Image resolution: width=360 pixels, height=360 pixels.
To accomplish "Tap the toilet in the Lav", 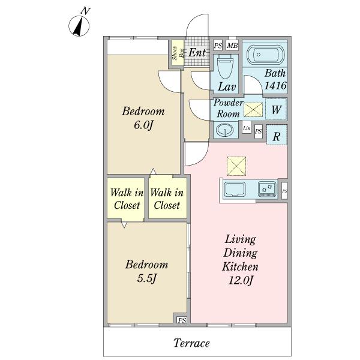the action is point(225,66).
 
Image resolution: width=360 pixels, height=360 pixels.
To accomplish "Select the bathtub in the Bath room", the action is point(265,55).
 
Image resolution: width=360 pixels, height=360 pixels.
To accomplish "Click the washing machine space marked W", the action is point(276,110).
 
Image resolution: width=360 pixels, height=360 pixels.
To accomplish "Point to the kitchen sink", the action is point(235,189).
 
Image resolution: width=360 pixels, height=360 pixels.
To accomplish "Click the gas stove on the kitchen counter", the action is point(267,189).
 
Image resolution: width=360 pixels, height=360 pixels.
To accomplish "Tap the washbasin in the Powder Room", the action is point(224,130).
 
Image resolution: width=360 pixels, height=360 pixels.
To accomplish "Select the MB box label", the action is point(232,46).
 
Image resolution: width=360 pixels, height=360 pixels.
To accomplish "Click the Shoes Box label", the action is point(178,53).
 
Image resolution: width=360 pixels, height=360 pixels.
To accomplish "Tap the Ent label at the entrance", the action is point(197,53).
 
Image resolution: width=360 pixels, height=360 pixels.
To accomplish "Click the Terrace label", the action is point(192,343).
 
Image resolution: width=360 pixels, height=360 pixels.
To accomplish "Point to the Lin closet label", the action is point(247,128).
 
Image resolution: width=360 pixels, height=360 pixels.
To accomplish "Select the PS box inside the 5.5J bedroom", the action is point(182,320).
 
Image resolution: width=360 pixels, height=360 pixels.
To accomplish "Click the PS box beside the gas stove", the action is point(284,191).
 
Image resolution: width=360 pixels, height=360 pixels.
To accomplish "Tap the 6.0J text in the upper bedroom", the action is point(143,125).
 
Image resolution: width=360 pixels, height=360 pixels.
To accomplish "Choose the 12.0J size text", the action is point(241,280).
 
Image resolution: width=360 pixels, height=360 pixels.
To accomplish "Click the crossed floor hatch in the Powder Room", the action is point(253,110).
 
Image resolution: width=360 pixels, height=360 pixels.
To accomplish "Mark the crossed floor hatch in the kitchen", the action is point(236,166).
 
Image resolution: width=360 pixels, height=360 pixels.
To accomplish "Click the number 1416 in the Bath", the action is point(275,86).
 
